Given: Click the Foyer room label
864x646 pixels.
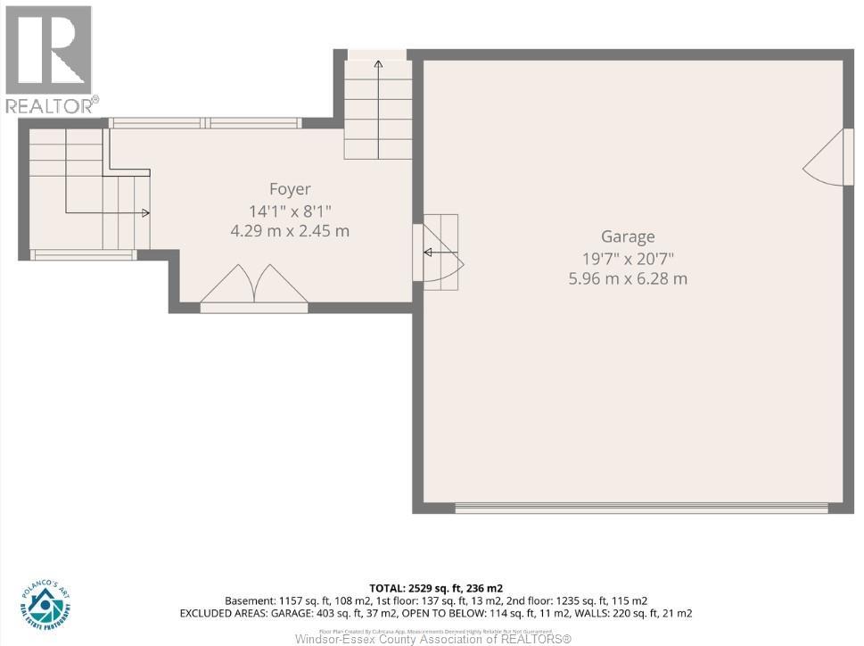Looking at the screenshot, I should pos(290,189).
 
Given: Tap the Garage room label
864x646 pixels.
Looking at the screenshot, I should pos(628,236).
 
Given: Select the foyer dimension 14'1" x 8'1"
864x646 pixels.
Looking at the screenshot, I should pos(290,211).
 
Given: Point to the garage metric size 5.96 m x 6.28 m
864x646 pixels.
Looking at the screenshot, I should pos(628,278).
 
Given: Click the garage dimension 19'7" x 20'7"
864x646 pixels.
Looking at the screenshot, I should pos(628,258).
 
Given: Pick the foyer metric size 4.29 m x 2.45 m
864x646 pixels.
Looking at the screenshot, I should pos(290,231).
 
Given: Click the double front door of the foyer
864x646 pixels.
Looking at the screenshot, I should pos(254,287).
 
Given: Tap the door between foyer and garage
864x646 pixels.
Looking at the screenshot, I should pos(439,253).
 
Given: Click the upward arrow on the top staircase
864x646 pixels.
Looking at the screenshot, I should pos(378,65).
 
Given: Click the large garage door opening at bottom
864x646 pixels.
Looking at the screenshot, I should pos(641,509).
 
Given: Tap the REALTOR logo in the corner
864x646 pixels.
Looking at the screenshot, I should pos(50,59).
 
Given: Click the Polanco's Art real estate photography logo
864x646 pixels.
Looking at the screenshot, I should pos(45,604).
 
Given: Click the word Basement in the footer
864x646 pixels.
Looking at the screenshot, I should pos(250,600).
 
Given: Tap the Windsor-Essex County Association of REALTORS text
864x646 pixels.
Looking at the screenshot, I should pos(433,638).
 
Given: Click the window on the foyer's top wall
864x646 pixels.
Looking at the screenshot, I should pos(205,123).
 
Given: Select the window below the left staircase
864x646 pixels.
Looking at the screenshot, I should pos(83,255).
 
